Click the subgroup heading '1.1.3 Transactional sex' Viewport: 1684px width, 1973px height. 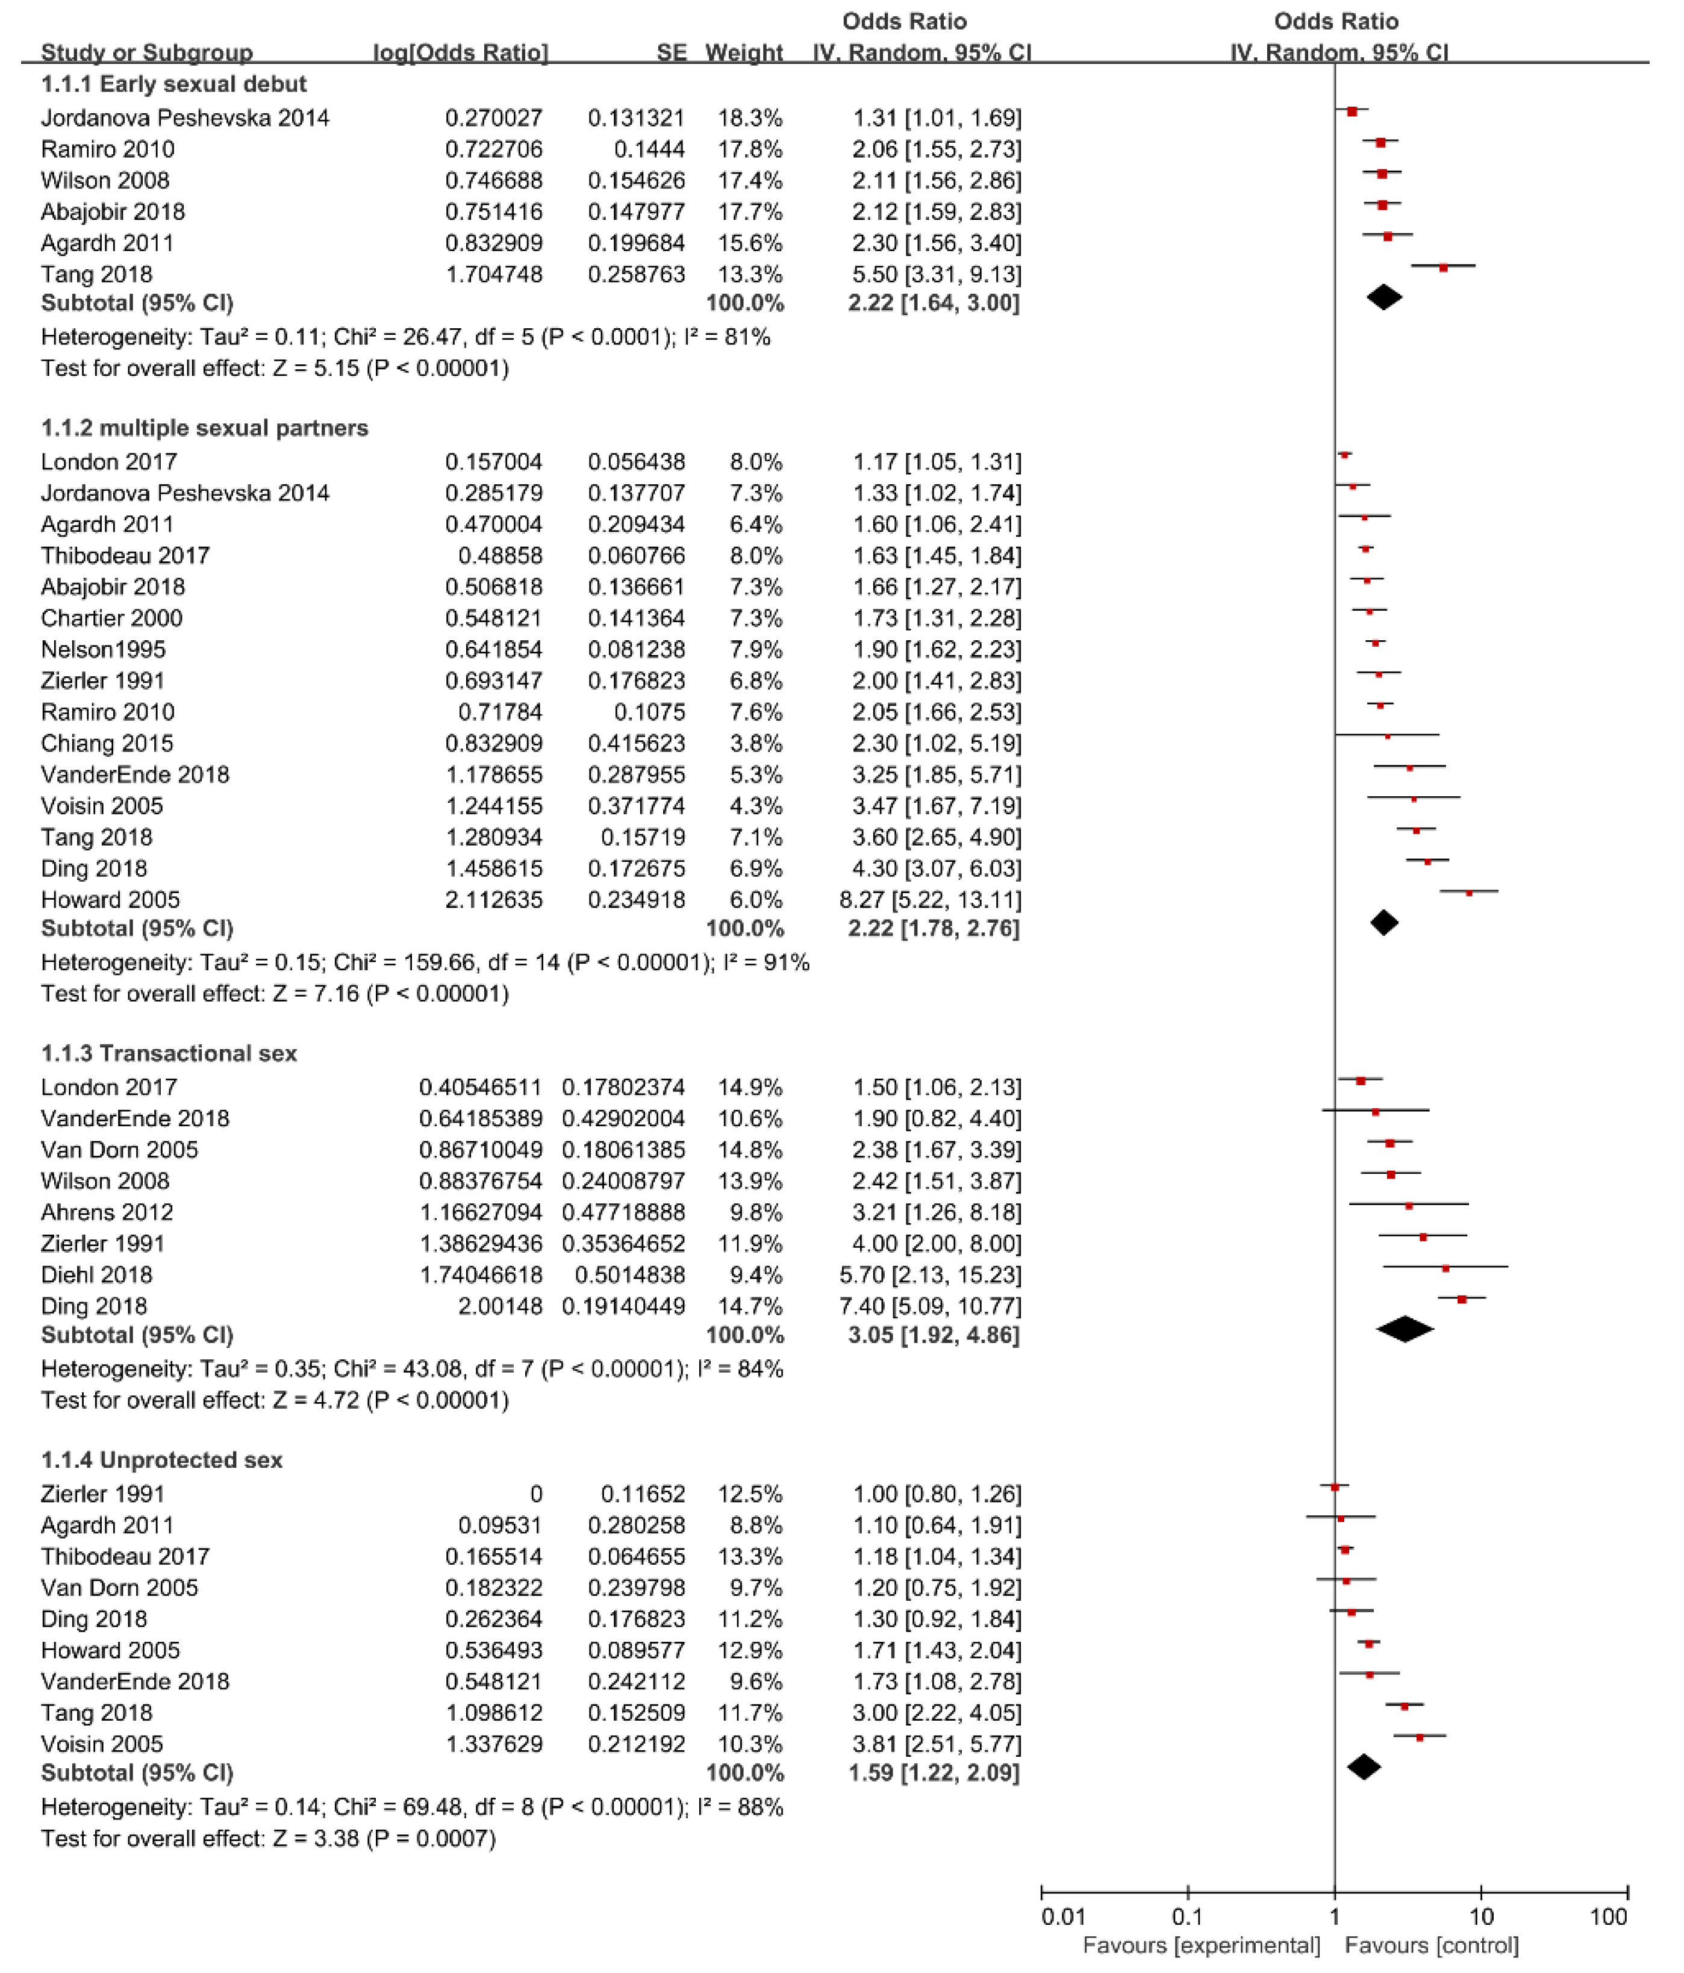(169, 1053)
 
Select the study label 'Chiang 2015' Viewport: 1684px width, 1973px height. (107, 743)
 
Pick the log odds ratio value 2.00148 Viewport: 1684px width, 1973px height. (493, 1306)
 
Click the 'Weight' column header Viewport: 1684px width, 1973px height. (743, 52)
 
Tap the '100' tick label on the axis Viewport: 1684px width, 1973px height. (1609, 1916)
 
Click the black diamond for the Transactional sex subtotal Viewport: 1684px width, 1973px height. (1405, 1329)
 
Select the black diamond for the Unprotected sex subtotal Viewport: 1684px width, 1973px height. (1364, 1767)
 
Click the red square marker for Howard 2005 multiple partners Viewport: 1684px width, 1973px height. (1469, 893)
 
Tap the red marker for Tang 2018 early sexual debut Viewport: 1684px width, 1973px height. (1443, 269)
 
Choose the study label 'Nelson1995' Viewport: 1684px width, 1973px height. (103, 649)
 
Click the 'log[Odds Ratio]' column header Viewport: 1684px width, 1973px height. (460, 52)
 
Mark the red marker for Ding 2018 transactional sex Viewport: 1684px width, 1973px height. (1462, 1299)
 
